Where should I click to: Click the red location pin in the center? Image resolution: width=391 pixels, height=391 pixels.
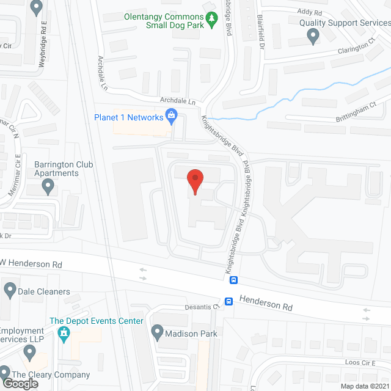pyautogui.click(x=195, y=180)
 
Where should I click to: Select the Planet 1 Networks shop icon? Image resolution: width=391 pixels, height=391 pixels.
pyautogui.click(x=172, y=115)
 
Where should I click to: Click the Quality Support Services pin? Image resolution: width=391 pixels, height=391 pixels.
pyautogui.click(x=313, y=37)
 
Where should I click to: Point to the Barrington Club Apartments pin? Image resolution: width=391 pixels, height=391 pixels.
pyautogui.click(x=48, y=188)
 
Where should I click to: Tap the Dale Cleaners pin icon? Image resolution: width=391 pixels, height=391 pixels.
pyautogui.click(x=10, y=291)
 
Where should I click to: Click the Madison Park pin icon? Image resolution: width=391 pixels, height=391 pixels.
pyautogui.click(x=157, y=333)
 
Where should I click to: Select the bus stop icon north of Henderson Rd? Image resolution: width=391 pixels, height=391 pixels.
pyautogui.click(x=233, y=280)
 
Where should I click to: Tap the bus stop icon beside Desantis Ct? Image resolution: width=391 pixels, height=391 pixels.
pyautogui.click(x=228, y=301)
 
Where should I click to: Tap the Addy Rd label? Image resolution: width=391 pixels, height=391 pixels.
pyautogui.click(x=309, y=12)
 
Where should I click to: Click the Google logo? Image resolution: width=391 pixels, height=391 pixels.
pyautogui.click(x=20, y=383)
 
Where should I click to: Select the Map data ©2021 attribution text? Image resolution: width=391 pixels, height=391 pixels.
pyautogui.click(x=364, y=386)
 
